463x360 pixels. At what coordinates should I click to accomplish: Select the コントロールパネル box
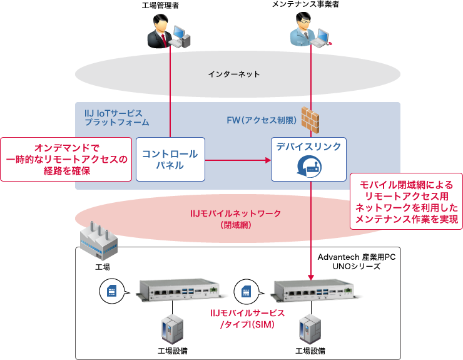click(170, 160)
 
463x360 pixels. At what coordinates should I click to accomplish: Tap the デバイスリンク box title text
click(308, 147)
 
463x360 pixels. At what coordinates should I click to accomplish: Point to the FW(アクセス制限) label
click(258, 120)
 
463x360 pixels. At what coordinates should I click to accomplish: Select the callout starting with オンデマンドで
click(66, 159)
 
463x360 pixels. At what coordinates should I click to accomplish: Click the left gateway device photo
click(181, 289)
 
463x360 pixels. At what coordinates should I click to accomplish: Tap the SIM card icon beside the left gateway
click(111, 291)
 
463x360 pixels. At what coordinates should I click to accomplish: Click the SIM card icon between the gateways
click(246, 291)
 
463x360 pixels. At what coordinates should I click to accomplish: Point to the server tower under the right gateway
click(307, 328)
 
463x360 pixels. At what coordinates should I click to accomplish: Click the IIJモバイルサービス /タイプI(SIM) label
click(248, 319)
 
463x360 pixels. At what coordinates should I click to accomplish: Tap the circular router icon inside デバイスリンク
click(308, 167)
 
